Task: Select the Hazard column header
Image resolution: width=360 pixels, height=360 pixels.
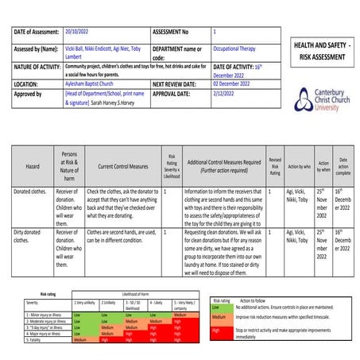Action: coord(33,167)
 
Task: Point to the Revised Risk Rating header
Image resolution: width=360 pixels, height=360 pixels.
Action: coord(274,166)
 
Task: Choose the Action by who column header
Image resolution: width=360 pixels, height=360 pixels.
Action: coord(299,167)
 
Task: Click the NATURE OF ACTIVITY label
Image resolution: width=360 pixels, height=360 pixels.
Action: coord(39,68)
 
